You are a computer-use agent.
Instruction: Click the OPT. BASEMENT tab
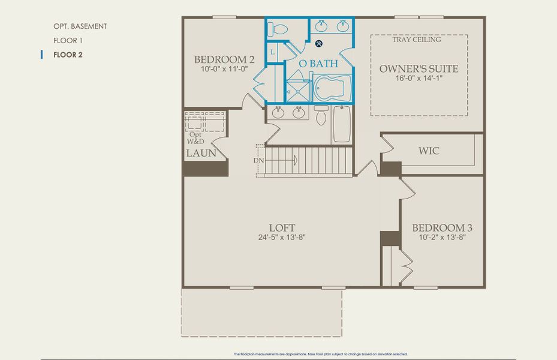pos(80,26)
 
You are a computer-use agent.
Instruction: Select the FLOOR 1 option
pos(67,41)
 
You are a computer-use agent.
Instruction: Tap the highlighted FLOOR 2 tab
pos(68,55)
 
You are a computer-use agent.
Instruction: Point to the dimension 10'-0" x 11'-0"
pos(225,70)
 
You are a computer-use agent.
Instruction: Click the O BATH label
pos(318,63)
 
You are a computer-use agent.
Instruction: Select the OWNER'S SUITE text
pos(418,69)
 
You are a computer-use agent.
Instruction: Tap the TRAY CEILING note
pos(417,40)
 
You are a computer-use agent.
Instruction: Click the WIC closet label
pos(428,151)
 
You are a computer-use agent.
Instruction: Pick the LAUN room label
pos(200,154)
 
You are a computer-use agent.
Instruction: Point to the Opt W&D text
pos(195,138)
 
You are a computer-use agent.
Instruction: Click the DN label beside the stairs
pos(258,160)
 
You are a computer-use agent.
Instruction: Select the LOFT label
pos(282,227)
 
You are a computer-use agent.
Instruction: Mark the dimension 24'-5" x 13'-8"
pos(282,237)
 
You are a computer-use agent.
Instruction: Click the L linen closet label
pos(272,52)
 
